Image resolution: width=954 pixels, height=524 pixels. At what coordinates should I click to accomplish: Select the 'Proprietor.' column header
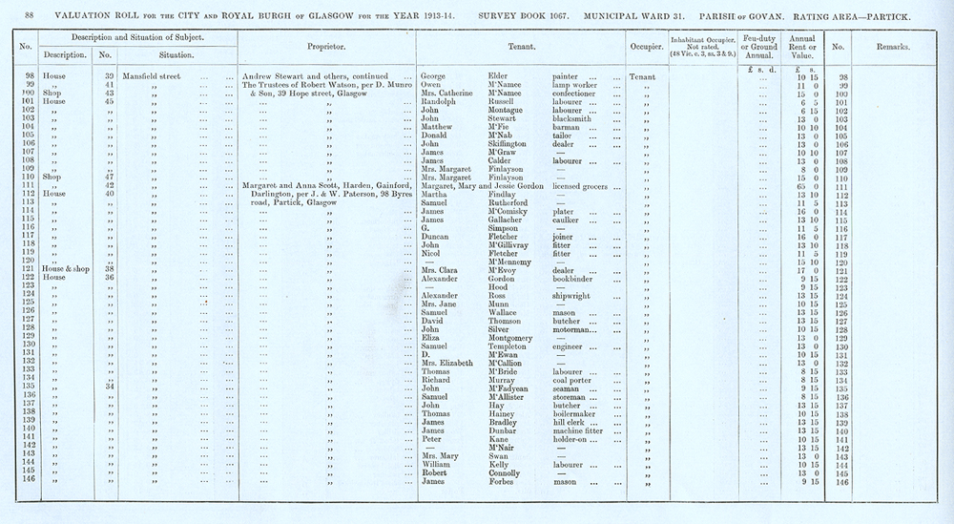tap(325, 46)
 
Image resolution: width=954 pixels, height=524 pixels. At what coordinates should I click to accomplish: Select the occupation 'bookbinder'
tap(577, 278)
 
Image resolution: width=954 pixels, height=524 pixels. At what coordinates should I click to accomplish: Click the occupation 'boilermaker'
tap(578, 413)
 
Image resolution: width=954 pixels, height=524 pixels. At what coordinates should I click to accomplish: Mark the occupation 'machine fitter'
tap(581, 430)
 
